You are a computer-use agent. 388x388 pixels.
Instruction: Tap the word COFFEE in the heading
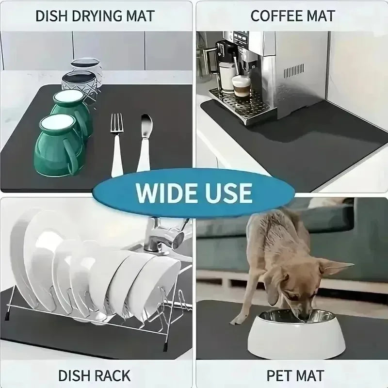(273, 16)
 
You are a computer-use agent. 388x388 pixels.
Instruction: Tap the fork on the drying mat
(117, 143)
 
